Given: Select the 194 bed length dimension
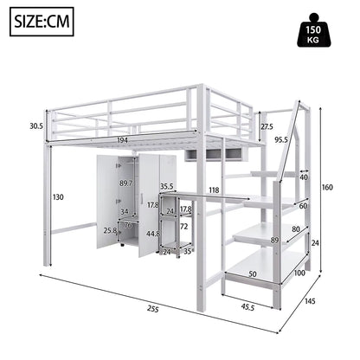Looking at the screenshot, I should tap(122, 140).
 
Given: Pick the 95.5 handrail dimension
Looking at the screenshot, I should tap(281, 140).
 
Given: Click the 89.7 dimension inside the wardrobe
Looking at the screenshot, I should tap(125, 183).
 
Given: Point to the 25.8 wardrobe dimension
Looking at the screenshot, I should tap(111, 231).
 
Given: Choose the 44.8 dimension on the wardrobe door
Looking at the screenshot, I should tap(153, 234).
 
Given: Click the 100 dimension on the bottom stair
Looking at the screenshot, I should tap(299, 273).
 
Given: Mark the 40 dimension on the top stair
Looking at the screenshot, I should tap(302, 177).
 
